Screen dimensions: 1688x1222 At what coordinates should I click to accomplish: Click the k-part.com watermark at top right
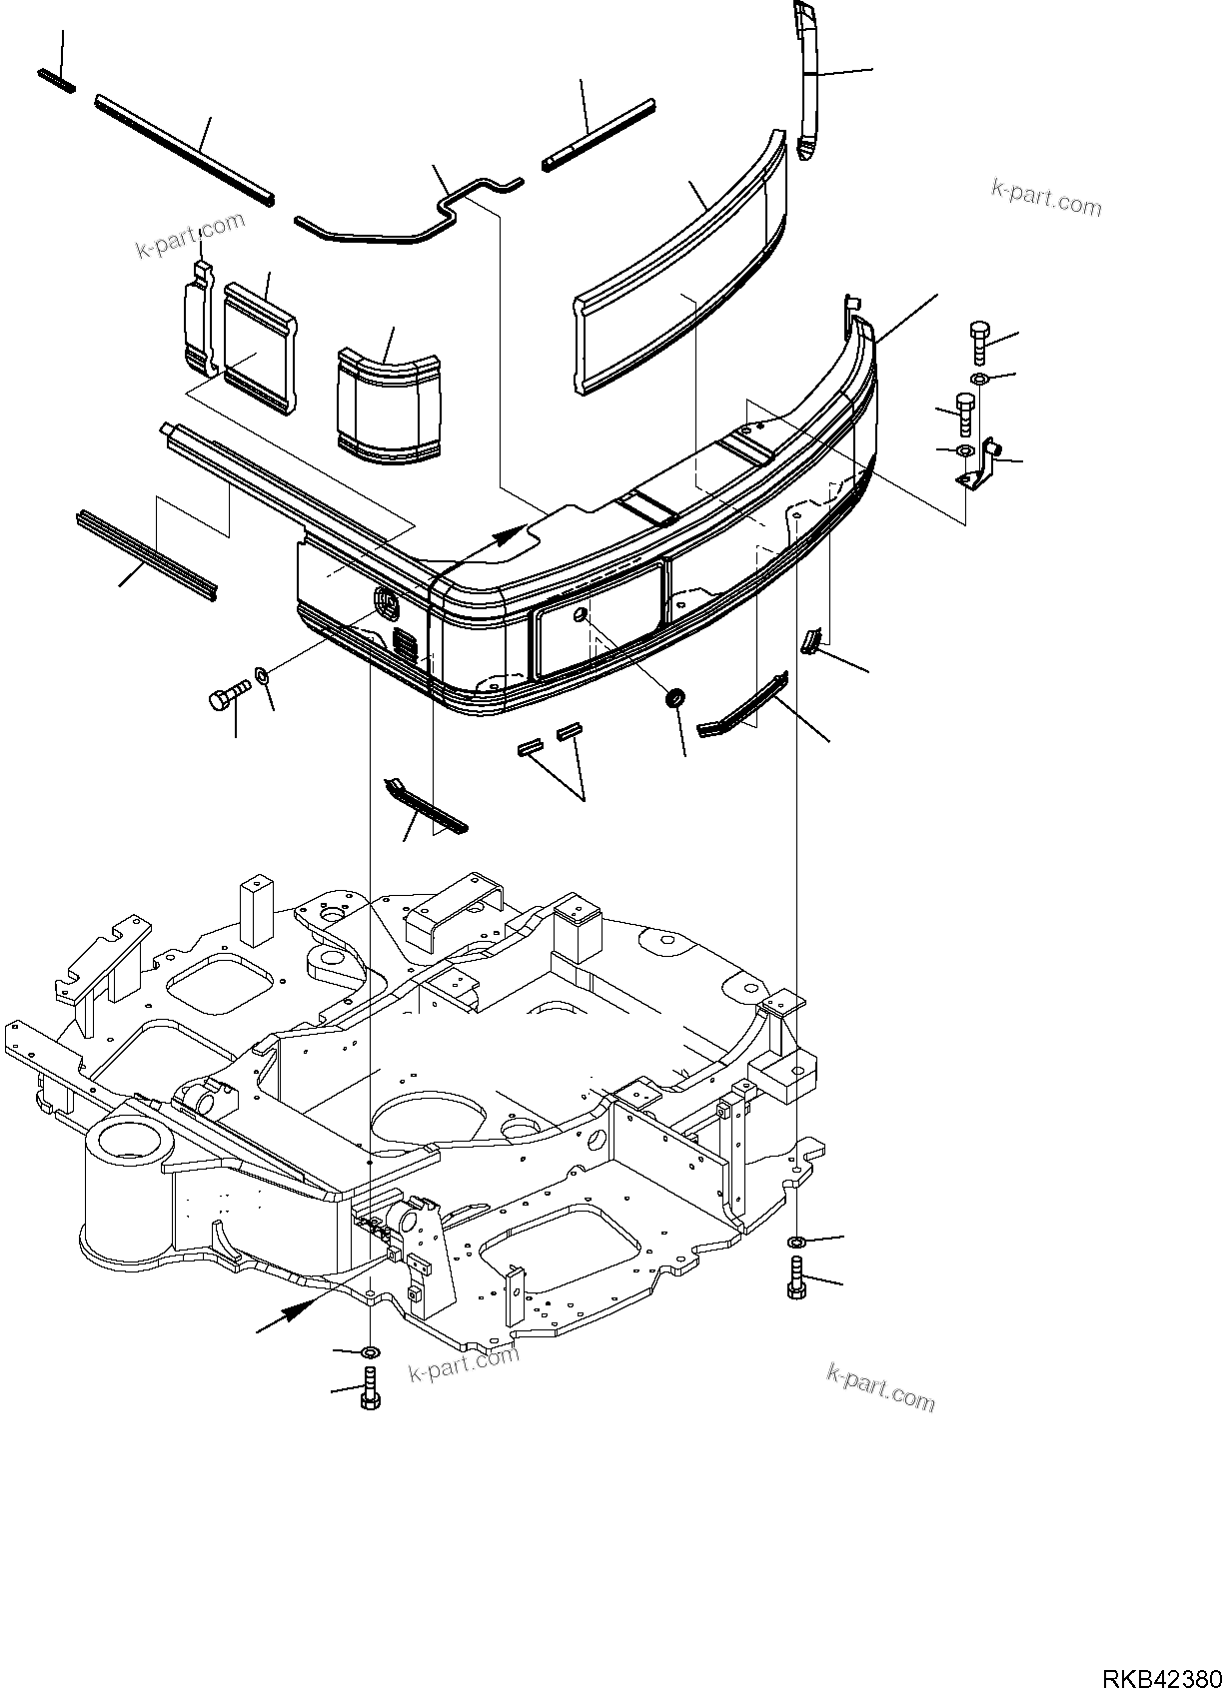click(x=1045, y=196)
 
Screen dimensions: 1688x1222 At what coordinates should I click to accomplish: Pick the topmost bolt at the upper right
click(x=978, y=343)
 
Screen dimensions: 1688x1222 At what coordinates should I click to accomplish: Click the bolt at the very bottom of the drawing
click(x=370, y=1391)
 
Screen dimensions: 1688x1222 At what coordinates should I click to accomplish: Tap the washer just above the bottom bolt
click(x=370, y=1352)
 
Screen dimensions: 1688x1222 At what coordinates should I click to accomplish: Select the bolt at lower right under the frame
click(x=796, y=1278)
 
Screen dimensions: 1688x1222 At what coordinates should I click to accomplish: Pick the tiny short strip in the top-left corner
click(x=57, y=80)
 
